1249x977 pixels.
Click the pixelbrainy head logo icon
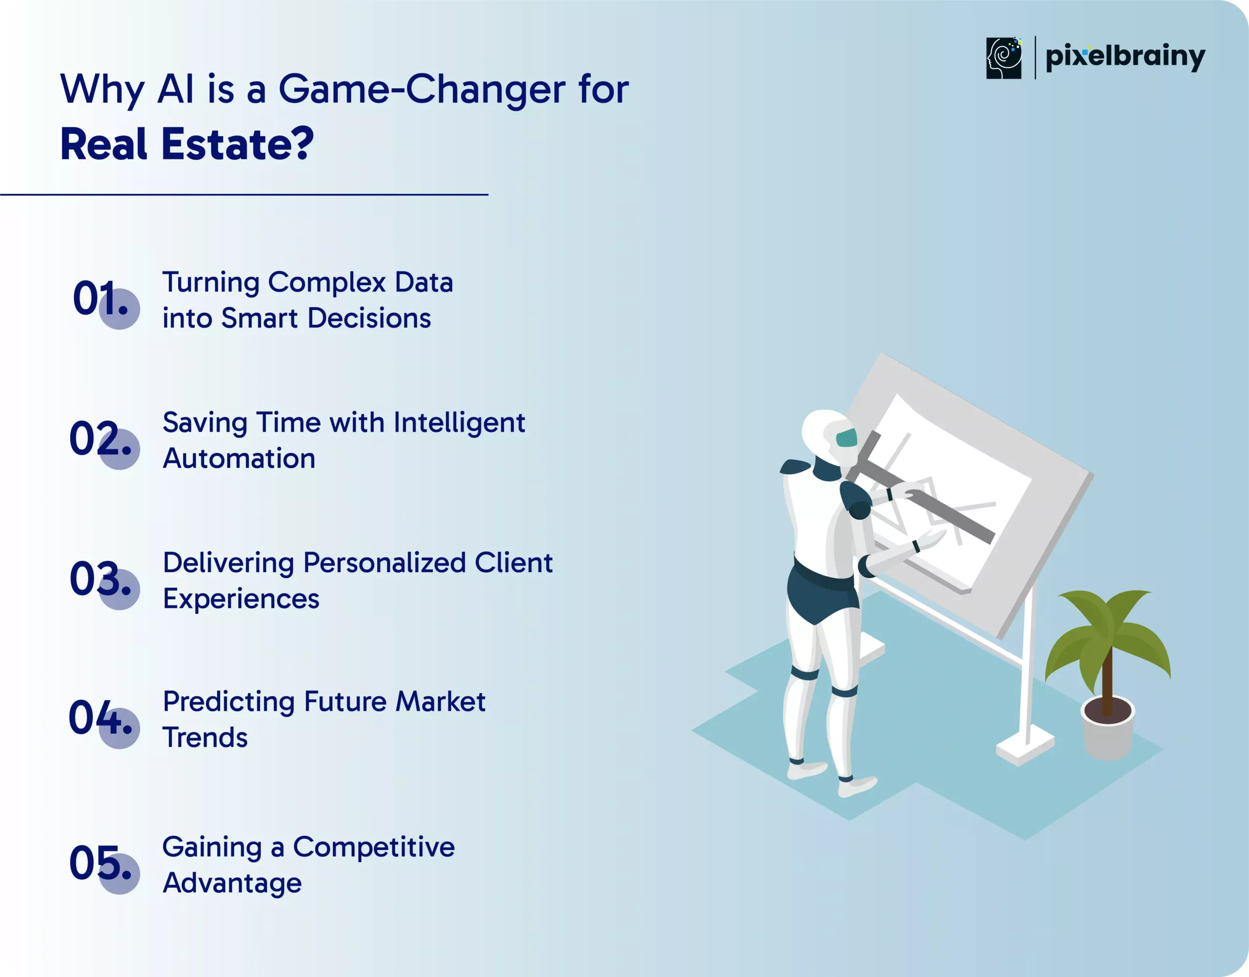[1004, 58]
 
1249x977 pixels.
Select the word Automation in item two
[239, 459]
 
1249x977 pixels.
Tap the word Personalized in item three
[384, 563]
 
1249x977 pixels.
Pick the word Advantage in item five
[232, 884]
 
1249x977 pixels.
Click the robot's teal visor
[846, 438]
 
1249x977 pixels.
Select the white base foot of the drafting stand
[1025, 747]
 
